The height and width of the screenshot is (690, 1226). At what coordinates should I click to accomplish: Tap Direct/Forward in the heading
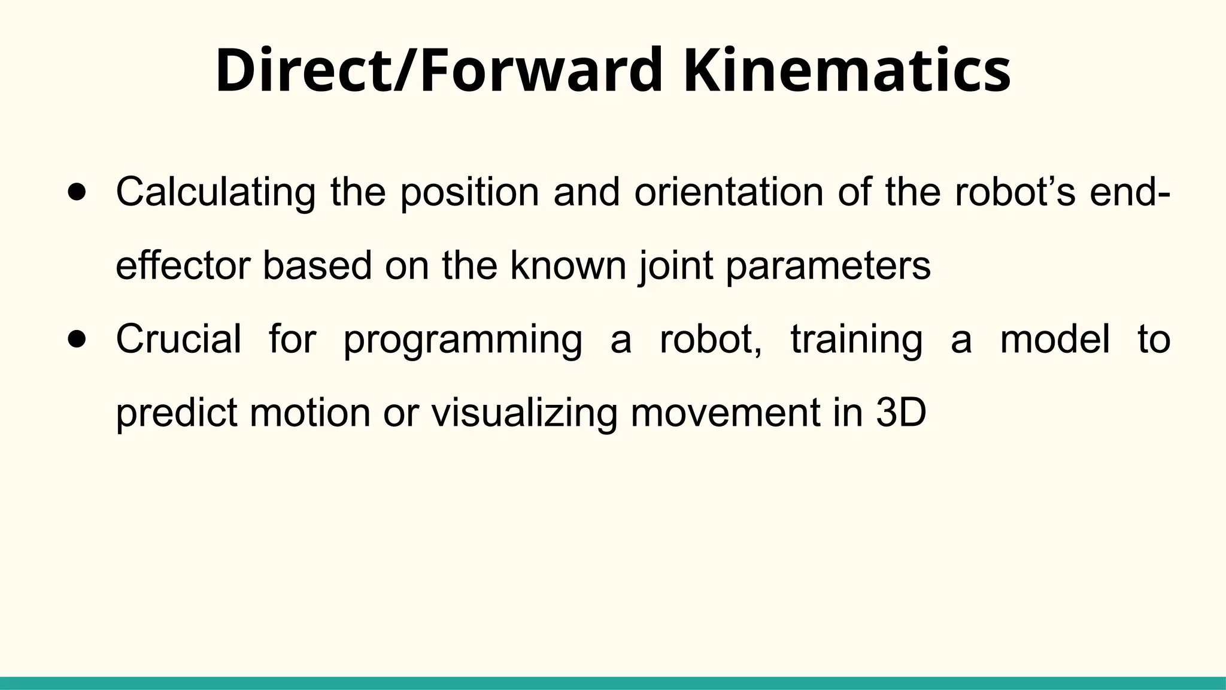click(x=439, y=71)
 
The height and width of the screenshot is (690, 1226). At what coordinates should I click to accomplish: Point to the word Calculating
click(x=216, y=192)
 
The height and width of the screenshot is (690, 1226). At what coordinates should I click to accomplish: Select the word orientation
click(x=729, y=192)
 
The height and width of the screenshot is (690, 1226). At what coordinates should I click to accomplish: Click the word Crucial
click(x=178, y=339)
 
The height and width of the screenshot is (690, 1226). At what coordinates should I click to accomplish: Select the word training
click(x=856, y=339)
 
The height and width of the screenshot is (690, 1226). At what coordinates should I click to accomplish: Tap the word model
click(x=1055, y=339)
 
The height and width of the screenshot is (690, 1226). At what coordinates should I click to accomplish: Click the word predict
click(x=177, y=413)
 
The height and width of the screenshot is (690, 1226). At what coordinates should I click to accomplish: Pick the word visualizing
click(x=524, y=413)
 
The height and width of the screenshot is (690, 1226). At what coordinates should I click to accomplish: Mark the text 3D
click(x=901, y=413)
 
